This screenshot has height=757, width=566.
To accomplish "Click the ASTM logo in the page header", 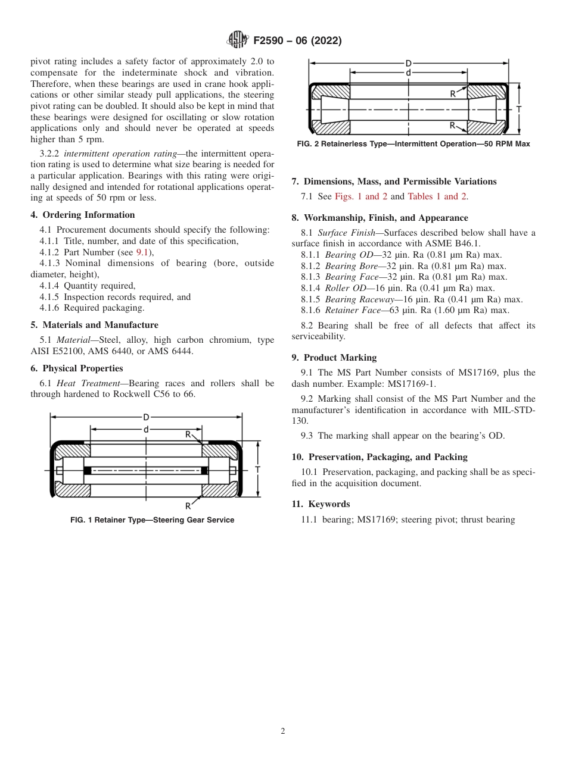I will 238,40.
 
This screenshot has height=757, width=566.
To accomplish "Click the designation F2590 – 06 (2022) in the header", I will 297,41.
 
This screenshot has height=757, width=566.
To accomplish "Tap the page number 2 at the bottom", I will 283,731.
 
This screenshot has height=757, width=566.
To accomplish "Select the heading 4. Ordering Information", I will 83,215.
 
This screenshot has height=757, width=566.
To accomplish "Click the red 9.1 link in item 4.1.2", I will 143,252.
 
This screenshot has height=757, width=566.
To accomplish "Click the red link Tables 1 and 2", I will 437,196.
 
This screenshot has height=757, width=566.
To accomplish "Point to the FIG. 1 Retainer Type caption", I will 152,520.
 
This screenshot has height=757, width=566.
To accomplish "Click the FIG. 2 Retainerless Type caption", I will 413,144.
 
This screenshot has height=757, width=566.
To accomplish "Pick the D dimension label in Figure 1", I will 146,417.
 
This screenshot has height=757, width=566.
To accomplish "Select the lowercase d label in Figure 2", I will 408,73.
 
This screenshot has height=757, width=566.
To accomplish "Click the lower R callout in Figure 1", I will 188,506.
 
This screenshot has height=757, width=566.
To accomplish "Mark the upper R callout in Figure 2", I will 453,93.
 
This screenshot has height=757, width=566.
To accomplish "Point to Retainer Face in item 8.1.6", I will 356,310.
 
